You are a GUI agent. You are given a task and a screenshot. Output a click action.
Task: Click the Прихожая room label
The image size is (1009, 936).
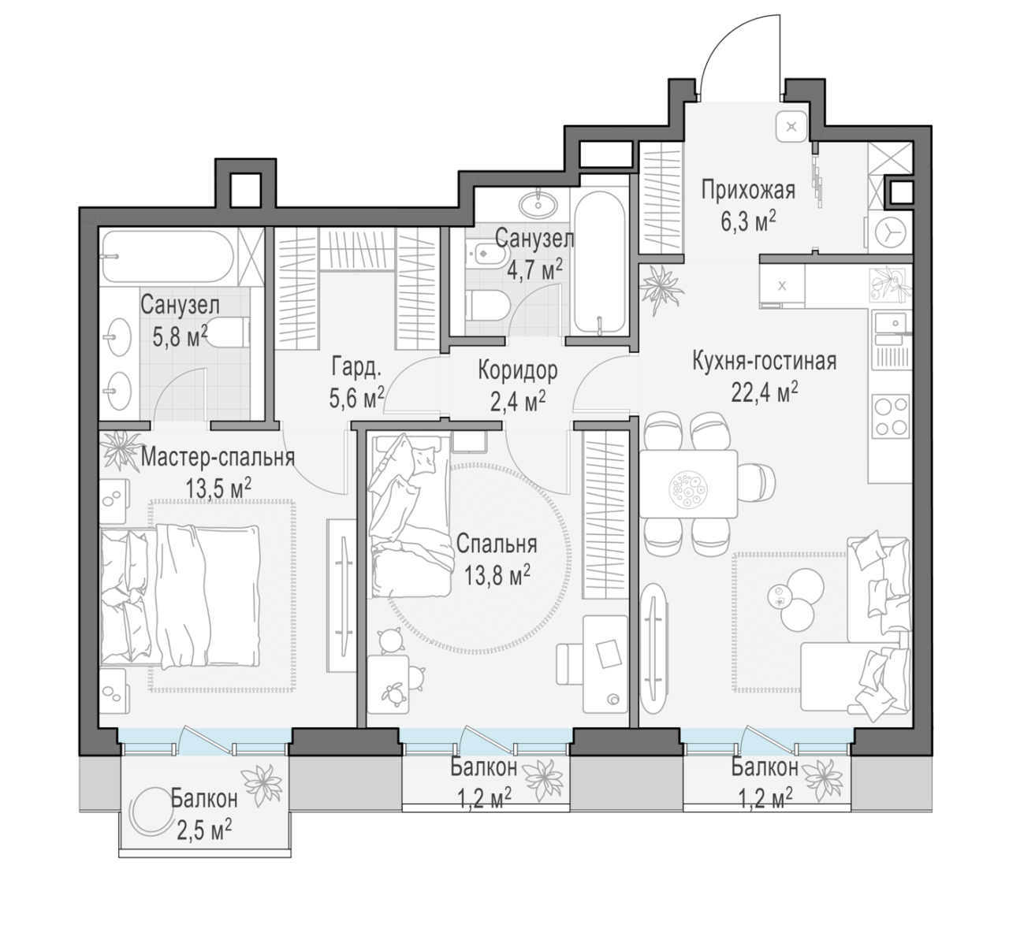(x=748, y=191)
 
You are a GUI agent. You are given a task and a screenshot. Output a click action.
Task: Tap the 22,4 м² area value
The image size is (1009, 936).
(x=764, y=392)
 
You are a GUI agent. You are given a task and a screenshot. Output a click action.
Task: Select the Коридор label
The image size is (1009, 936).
(x=518, y=371)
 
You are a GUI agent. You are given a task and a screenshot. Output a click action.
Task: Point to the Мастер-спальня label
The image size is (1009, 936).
(x=218, y=458)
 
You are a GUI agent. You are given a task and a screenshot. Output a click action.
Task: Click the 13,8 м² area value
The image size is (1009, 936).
(x=497, y=575)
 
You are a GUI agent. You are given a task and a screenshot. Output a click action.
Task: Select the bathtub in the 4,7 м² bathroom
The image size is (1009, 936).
(x=600, y=263)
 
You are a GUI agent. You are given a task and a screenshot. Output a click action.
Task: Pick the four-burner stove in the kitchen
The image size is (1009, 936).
(x=890, y=417)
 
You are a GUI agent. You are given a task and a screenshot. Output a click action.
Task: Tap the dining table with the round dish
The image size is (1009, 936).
(x=688, y=484)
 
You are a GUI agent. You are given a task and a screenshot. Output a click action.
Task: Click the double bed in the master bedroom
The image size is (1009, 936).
(x=180, y=596)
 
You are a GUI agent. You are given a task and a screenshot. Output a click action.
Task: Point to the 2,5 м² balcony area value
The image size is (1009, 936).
(x=204, y=831)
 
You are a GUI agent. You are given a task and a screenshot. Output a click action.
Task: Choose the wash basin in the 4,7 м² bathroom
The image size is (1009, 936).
(x=538, y=204)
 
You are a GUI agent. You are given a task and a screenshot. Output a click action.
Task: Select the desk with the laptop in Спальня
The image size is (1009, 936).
(x=605, y=663)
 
